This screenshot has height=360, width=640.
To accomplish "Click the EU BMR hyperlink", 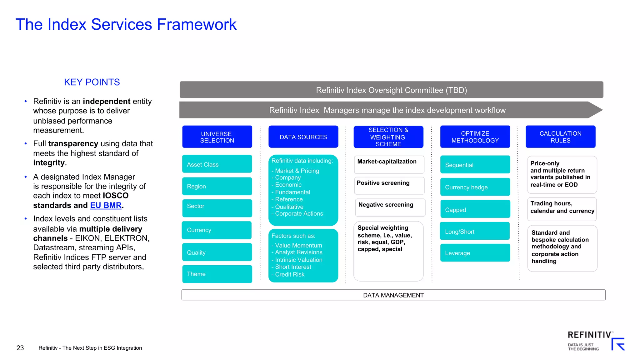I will pos(106,205).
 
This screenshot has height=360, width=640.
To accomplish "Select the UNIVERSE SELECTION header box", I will pos(217,137).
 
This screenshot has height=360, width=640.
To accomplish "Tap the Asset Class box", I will pos(217,164).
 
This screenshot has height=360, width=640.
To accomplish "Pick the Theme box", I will pos(217,274).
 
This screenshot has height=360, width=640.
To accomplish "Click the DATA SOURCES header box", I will pos(303,137).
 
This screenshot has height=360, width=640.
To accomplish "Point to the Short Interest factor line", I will pos(293,267).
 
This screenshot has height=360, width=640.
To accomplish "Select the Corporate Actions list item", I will pos(299,214).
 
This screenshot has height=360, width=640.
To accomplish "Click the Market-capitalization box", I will pos(389,164).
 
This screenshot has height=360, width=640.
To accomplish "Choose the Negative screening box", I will pos(390,207).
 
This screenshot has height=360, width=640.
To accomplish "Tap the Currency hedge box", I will pos(475,187).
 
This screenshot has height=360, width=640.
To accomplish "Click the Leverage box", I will pos(475,253).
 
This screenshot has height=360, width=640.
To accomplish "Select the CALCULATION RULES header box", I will pos(560,137).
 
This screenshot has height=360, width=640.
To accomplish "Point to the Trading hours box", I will pos(562,209).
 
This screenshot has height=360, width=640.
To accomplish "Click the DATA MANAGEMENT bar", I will pos(393,295).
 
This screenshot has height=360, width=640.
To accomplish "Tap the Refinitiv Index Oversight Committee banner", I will pos(391,90).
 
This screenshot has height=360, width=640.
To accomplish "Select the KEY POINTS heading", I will pos(92,82).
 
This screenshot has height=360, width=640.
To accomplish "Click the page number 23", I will pos(20,348).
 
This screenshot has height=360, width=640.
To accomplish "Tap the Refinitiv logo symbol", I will pos(618,344).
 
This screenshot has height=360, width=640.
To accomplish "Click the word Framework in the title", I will pos(197,24).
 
